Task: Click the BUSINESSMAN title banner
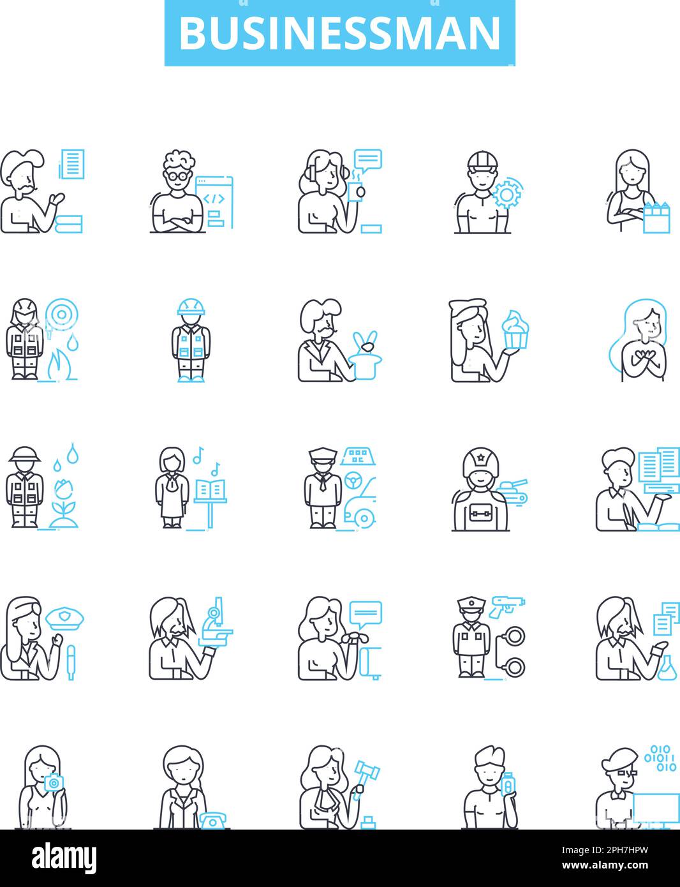tap(340, 33)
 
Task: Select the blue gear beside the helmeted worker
tap(506, 194)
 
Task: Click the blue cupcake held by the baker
tap(515, 329)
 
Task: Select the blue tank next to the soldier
tap(512, 491)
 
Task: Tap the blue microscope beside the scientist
tap(216, 622)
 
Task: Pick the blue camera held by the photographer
tap(54, 782)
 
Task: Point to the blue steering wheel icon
tap(352, 481)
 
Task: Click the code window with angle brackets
tap(214, 202)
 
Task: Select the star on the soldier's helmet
tap(480, 458)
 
